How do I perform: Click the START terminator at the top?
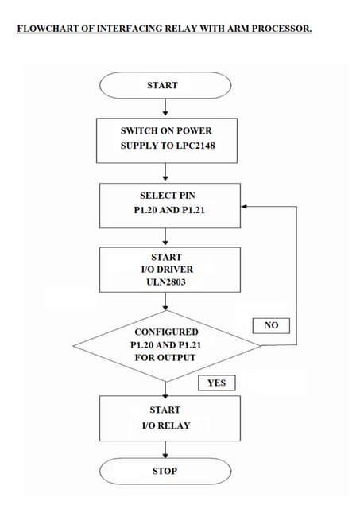point(165,85)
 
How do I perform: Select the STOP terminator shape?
point(165,471)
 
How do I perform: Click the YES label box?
point(216,383)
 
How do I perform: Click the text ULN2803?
point(166,282)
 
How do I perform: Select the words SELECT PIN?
point(167,195)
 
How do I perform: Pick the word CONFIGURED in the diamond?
point(166,332)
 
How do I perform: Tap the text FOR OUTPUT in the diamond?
point(165,357)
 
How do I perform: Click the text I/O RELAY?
point(165,425)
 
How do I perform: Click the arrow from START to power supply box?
point(165,107)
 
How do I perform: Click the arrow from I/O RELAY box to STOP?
point(165,450)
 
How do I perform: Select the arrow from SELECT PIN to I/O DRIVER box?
point(165,237)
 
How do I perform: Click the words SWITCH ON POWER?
point(166,130)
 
